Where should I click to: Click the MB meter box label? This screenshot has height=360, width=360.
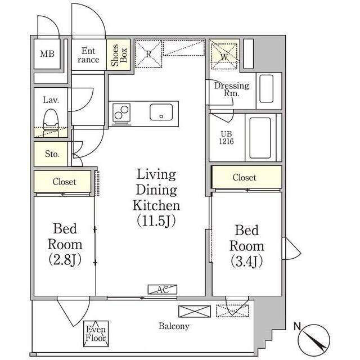[47, 54]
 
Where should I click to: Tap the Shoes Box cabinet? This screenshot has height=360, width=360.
[119, 55]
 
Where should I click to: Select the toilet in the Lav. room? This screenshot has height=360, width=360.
[51, 123]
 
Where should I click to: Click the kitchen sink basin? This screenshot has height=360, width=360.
[161, 112]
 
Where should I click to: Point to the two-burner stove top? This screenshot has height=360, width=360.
[121, 112]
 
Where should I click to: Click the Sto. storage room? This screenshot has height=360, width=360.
[51, 154]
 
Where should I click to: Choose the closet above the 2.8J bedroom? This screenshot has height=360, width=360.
[62, 181]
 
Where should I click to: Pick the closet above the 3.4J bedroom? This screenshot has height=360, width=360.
[246, 177]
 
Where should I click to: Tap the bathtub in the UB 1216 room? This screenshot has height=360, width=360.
[260, 138]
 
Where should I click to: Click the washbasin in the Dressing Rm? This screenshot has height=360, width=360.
[266, 89]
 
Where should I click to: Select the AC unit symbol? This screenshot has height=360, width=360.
[163, 290]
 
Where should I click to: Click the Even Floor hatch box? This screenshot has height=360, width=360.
[96, 334]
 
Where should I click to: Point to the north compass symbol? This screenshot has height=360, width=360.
[314, 340]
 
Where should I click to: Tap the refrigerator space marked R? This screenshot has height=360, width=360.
[148, 54]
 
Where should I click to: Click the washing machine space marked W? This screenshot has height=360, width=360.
[224, 56]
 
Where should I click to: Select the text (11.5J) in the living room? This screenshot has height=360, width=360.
[156, 220]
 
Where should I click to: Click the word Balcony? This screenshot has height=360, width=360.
[174, 326]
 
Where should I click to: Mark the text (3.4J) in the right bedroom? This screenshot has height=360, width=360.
[246, 262]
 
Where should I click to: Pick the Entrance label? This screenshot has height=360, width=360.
[88, 55]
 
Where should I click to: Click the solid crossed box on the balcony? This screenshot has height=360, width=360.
[195, 311]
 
